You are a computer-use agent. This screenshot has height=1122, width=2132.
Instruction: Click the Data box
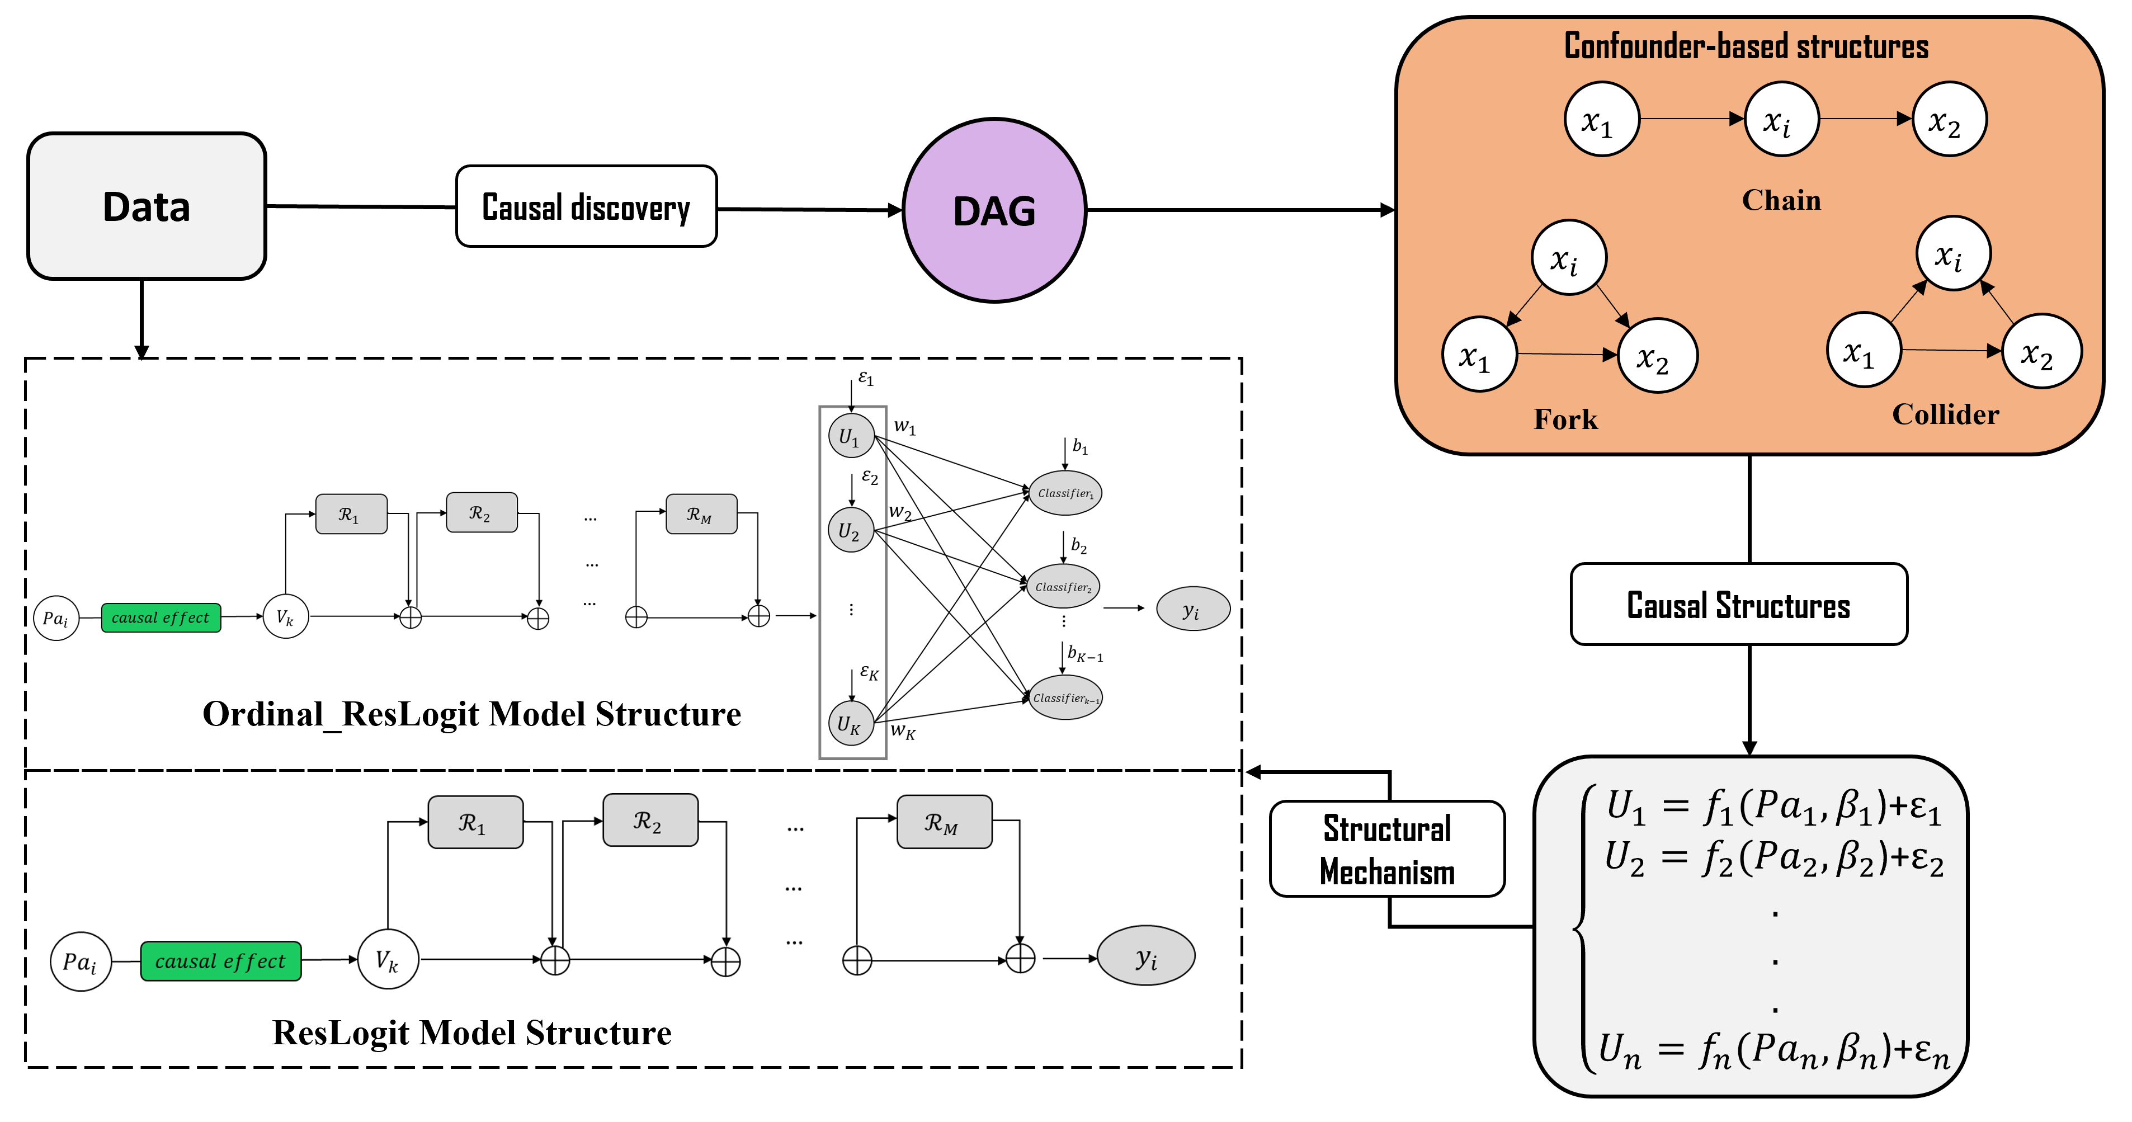tap(147, 206)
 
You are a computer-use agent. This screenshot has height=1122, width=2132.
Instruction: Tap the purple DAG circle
tap(994, 211)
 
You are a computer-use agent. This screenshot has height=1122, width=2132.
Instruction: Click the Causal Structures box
tap(1738, 605)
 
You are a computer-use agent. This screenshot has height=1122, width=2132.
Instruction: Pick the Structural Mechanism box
tap(1387, 849)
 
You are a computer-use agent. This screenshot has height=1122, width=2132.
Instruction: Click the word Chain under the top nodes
tap(1781, 200)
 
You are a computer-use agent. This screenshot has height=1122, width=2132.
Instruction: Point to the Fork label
tap(1565, 419)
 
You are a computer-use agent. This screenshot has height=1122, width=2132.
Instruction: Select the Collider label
tap(1945, 414)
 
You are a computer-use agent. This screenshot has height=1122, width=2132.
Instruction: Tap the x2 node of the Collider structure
tap(2040, 352)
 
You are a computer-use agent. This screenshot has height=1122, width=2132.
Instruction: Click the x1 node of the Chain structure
tap(1601, 119)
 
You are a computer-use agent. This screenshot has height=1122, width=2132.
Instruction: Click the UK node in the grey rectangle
tap(850, 723)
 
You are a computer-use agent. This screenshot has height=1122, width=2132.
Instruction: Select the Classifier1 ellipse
tap(1065, 493)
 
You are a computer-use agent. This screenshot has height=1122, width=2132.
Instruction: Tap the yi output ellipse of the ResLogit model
tap(1145, 956)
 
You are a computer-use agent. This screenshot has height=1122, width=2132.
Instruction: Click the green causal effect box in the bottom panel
tap(220, 961)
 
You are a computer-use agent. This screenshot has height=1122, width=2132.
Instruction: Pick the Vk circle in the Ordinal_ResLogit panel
tap(286, 616)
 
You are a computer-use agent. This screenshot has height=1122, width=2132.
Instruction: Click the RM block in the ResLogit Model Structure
tap(944, 822)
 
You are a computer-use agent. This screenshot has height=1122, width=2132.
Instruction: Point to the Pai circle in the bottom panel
tap(81, 961)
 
